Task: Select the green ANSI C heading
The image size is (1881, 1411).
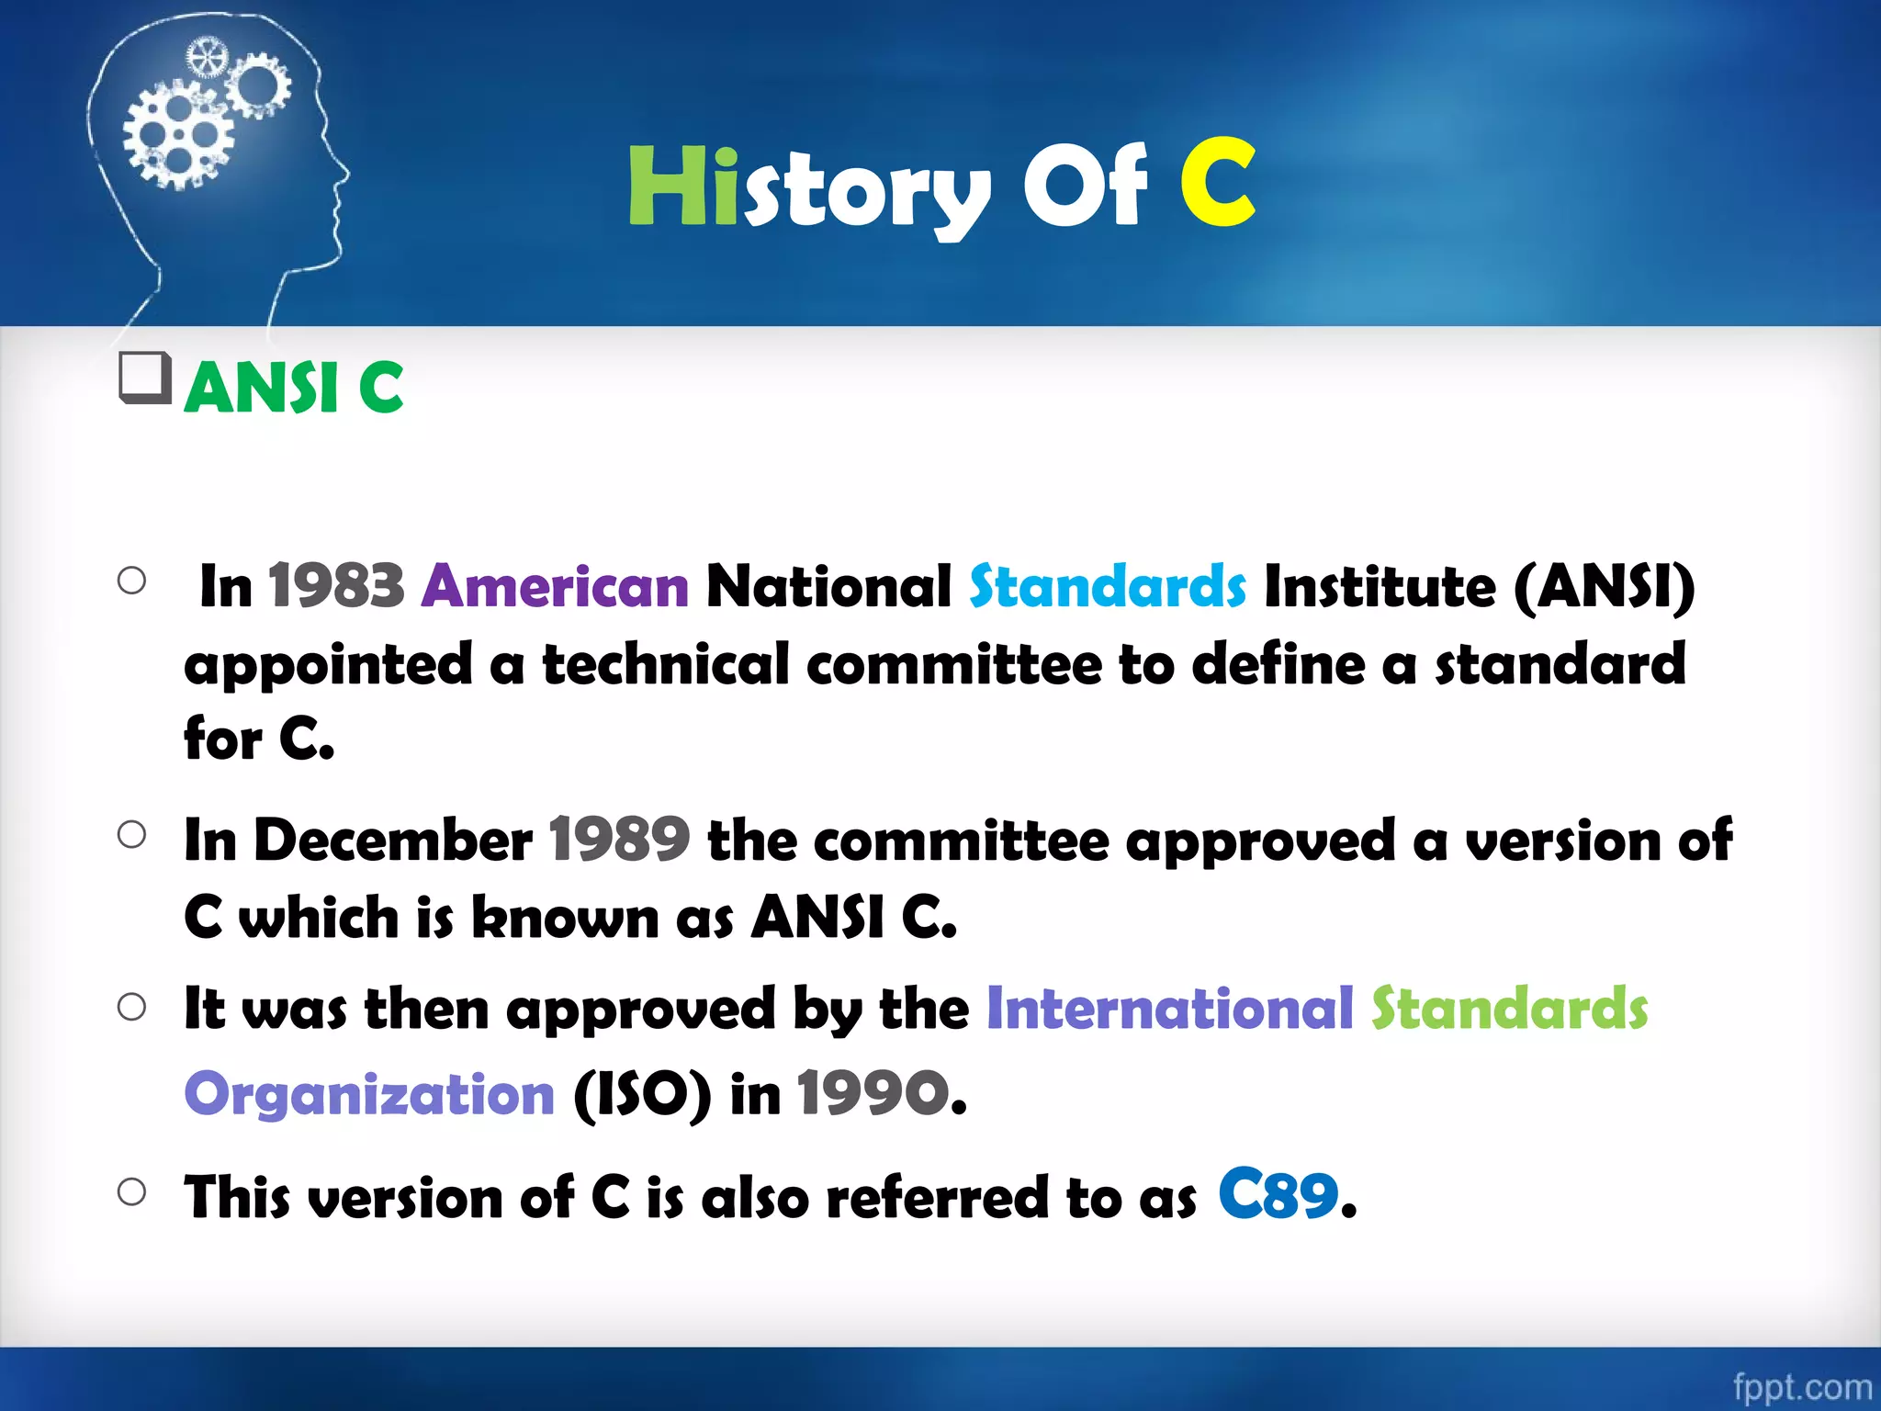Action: point(294,388)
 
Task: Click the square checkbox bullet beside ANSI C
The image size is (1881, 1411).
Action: point(145,378)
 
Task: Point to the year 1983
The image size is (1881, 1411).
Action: point(336,586)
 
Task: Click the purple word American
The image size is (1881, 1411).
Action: point(555,586)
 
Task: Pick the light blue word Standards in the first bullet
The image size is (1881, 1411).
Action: point(1108,586)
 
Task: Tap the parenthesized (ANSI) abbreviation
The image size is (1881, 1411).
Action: point(1604,588)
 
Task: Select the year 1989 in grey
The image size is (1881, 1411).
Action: point(619,840)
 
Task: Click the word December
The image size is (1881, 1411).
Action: point(392,840)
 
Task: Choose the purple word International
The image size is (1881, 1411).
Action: point(1169,1009)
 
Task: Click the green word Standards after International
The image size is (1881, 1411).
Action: point(1509,1009)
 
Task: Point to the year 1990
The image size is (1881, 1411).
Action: point(873,1093)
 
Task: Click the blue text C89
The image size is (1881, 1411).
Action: point(1278,1195)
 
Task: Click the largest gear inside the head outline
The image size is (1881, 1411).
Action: point(177,135)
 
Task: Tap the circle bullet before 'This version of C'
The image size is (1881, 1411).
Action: point(132,1192)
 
